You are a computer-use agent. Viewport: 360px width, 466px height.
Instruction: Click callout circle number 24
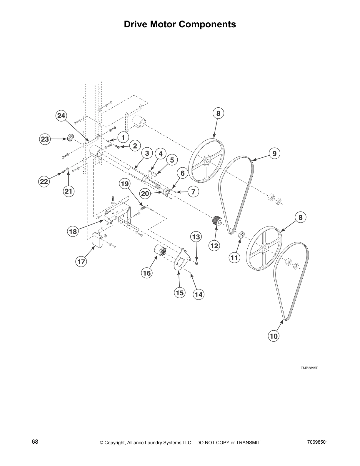point(61,116)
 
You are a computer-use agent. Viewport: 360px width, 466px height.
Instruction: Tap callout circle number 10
point(274,336)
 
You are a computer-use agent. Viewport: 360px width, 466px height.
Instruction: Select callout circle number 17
point(81,262)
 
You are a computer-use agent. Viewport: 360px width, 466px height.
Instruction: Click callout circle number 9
point(274,153)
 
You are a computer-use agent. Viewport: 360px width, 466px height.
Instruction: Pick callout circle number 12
point(214,245)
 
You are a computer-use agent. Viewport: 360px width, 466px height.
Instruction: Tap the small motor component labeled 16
point(160,252)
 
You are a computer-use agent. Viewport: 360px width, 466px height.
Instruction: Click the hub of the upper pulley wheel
point(208,161)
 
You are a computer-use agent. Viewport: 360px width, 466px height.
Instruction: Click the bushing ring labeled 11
point(241,235)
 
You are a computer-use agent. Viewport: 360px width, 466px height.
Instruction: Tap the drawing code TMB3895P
point(309,368)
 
